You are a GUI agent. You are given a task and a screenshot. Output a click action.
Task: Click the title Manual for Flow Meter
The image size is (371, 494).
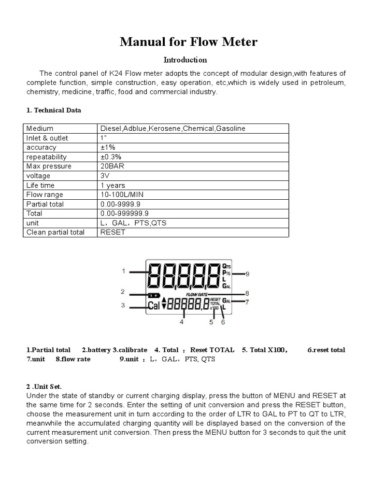188,42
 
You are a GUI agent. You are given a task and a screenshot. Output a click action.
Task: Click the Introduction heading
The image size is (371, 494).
185,60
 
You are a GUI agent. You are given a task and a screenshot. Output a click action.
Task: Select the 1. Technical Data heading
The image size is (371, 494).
54,110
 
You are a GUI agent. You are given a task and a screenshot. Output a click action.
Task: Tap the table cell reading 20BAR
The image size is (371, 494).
111,166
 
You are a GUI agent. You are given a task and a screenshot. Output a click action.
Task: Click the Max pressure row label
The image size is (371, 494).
49,166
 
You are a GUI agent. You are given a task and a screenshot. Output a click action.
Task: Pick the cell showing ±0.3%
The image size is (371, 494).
111,157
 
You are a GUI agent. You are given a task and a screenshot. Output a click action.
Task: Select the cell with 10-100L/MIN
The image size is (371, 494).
122,194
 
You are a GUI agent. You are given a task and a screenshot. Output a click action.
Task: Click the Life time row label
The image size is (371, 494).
41,185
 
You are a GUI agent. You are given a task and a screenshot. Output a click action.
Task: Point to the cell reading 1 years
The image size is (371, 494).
113,185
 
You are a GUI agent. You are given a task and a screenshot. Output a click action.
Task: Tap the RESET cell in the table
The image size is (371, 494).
113,232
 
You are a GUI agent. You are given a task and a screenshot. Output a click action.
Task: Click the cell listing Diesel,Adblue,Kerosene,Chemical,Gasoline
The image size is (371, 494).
172,129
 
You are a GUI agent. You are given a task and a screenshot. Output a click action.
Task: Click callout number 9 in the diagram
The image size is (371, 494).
247,274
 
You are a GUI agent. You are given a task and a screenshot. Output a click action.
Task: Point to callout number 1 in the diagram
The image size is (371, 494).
123,271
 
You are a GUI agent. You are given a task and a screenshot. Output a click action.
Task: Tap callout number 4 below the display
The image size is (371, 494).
182,322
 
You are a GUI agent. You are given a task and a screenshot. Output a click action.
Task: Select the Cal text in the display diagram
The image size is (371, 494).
154,305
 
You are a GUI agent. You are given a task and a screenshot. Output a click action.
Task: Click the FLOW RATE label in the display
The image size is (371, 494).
197,293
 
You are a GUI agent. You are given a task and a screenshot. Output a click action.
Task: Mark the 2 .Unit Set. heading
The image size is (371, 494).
44,387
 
